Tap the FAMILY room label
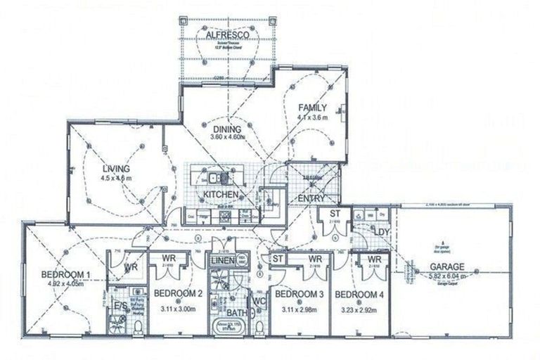[x=312, y=108]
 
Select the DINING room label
[x=227, y=129]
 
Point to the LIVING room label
[x=115, y=169]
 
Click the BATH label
[x=238, y=313]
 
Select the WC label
[x=259, y=302]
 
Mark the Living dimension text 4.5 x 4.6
[x=116, y=179]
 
